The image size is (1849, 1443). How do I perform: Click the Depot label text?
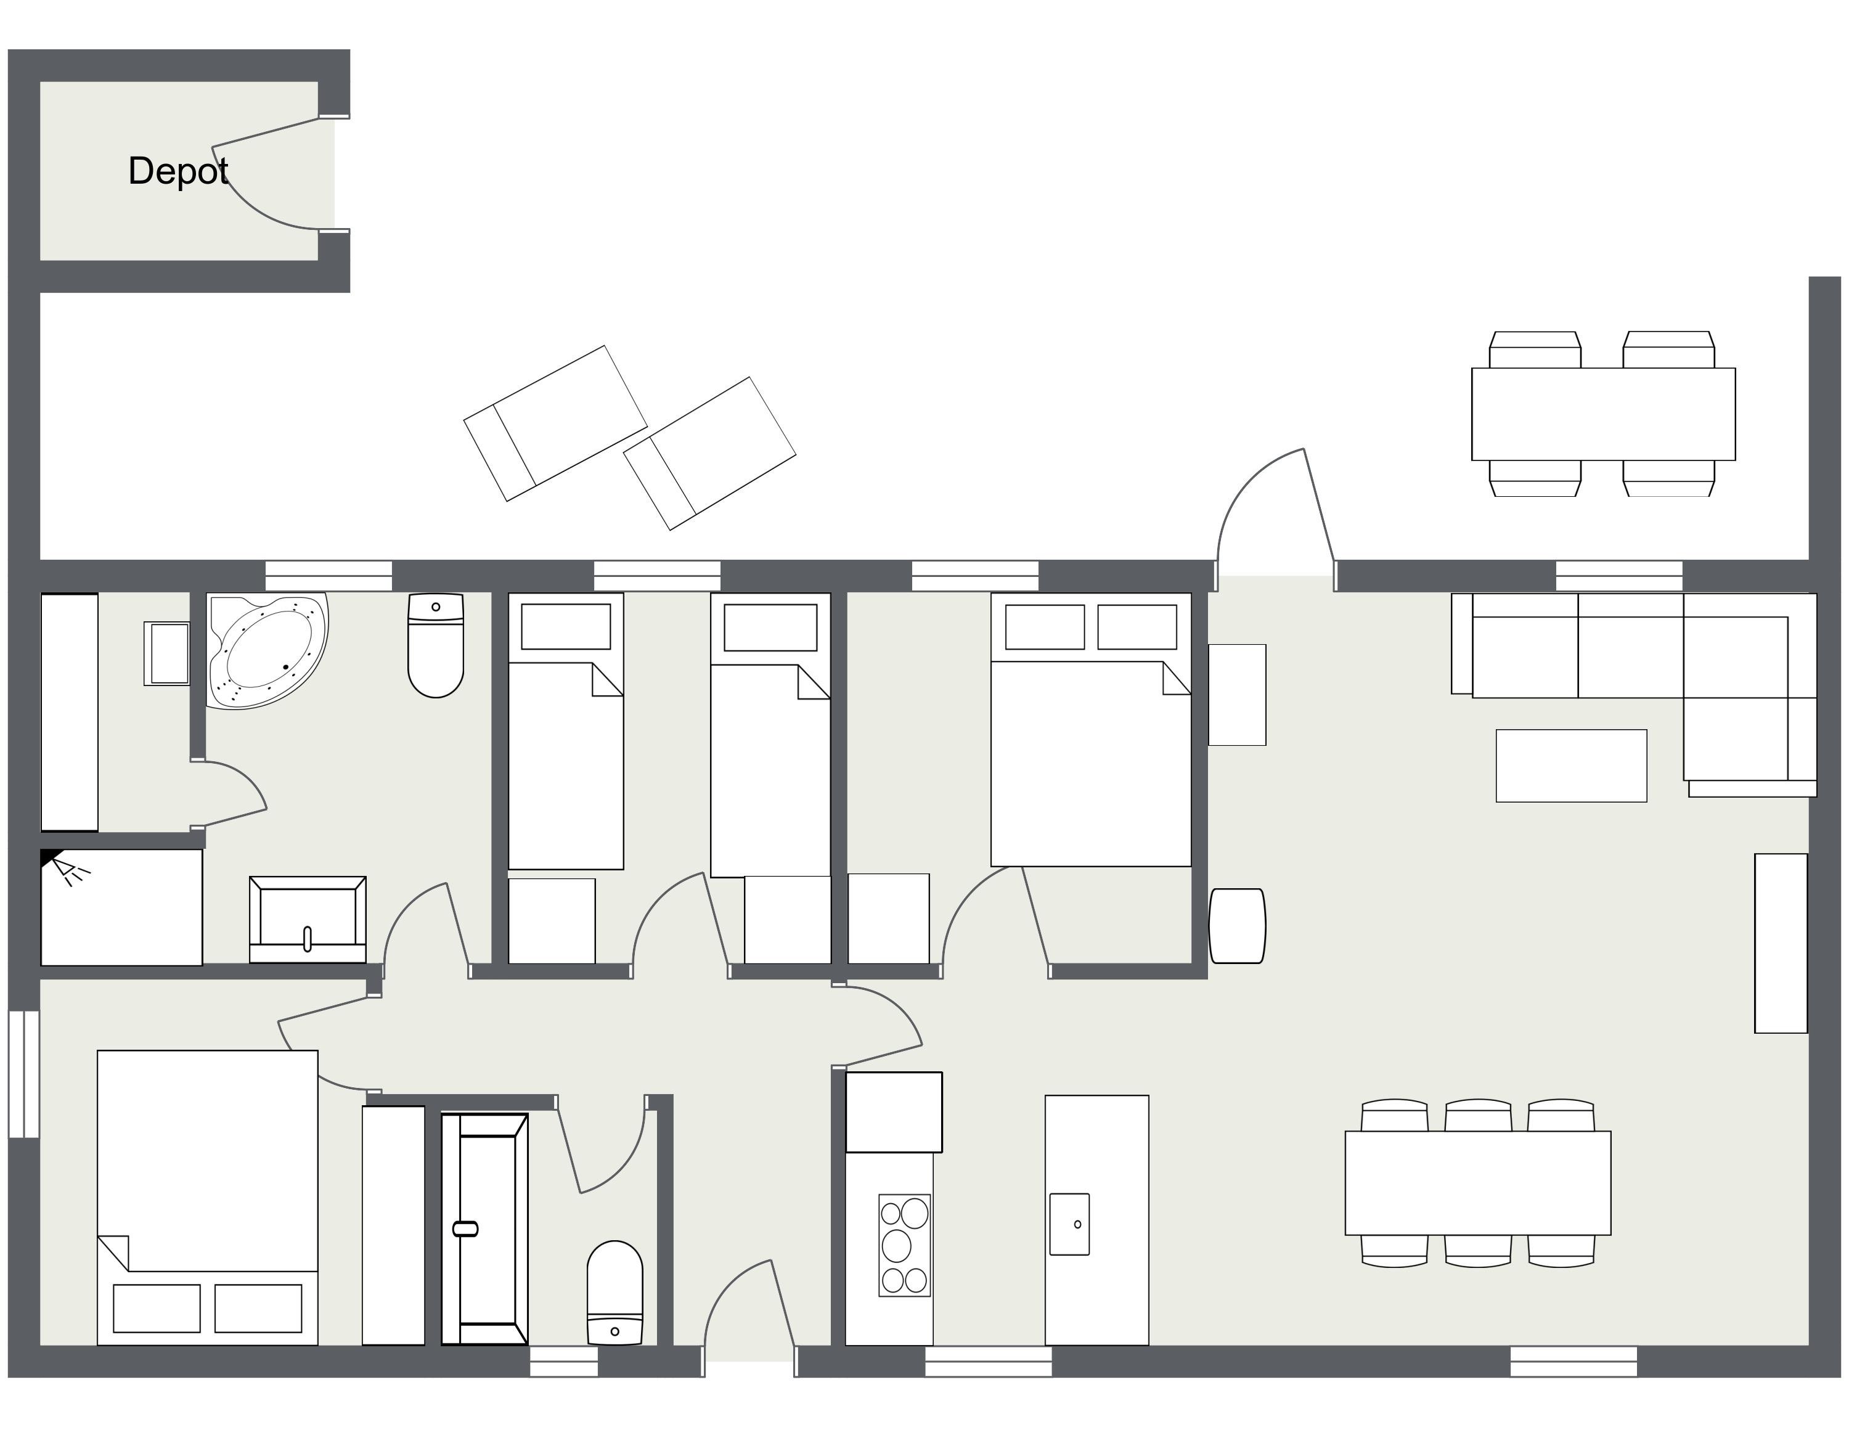click(178, 171)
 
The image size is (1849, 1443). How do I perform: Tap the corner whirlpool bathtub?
click(267, 650)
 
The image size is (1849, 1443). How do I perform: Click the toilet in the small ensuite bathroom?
click(614, 1292)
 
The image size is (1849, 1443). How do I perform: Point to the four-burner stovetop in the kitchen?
click(904, 1245)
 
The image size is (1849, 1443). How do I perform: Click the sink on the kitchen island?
click(1069, 1224)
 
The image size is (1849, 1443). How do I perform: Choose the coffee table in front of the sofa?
click(1571, 766)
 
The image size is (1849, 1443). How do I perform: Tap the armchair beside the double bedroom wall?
click(1237, 926)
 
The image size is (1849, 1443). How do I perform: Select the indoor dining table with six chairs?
click(1477, 1183)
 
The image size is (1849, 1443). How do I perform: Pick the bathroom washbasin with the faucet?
click(308, 920)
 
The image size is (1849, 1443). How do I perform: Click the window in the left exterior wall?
click(23, 1074)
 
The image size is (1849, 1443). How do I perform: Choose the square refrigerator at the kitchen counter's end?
click(894, 1112)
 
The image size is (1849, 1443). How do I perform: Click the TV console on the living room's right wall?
click(1781, 943)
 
